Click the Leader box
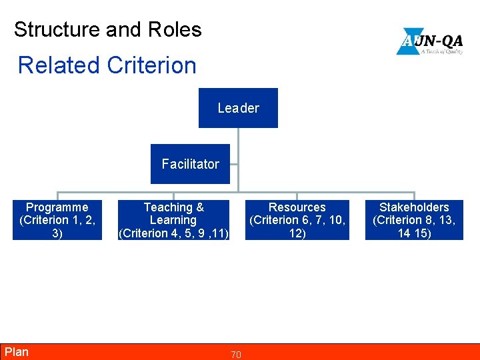pos(238,108)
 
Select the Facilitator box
pos(190,164)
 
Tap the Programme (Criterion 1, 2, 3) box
pos(57,220)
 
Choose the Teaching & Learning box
pos(173,220)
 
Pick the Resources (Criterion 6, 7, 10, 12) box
pos(297,220)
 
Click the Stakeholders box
pos(414,220)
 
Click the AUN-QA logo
pos(429,41)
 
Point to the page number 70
pos(236,355)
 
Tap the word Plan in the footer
pos(17,352)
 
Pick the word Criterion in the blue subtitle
pos(151,65)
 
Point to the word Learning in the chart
pos(173,220)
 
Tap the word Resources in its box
pos(297,207)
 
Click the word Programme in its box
pos(57,207)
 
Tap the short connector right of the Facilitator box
pos(234,164)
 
